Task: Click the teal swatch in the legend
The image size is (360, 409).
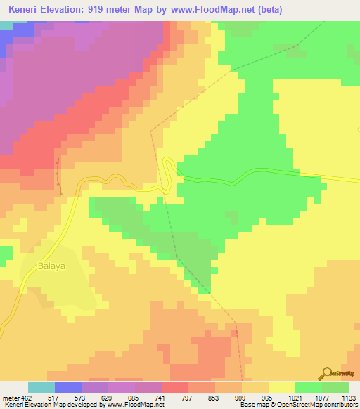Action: click(41, 388)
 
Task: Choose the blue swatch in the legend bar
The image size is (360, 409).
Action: click(67, 388)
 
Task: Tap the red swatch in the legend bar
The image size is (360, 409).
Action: click(174, 388)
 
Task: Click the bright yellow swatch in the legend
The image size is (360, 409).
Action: click(281, 388)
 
